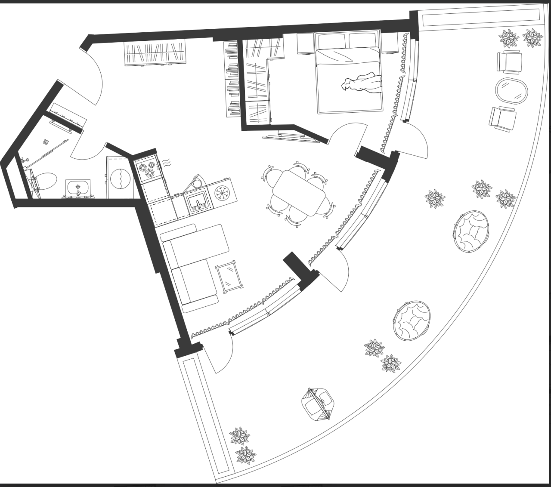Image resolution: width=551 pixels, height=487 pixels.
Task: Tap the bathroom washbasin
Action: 78,188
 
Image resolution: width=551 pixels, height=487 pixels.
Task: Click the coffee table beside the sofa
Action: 229,277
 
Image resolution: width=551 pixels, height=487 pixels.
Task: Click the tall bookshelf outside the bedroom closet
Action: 232,79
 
